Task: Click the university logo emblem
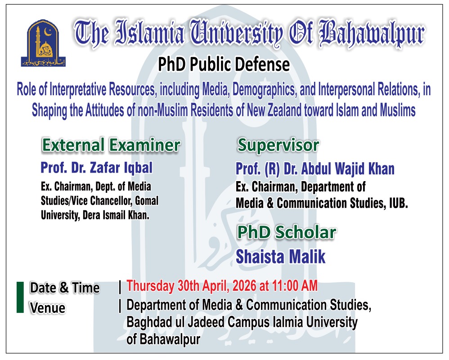coord(43,43)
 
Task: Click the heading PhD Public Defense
coord(224,64)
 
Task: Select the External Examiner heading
coord(111,145)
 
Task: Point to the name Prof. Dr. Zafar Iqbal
coord(96,168)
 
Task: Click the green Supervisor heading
coord(278,145)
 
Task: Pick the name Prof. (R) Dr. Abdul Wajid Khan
coord(315,169)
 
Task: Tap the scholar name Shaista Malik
coord(281,257)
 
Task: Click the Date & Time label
coord(65,288)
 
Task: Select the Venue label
coord(48,308)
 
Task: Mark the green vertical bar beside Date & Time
coord(20,298)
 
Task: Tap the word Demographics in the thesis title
coord(265,89)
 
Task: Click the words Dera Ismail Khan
coord(116,215)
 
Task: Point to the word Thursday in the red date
coord(150,286)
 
